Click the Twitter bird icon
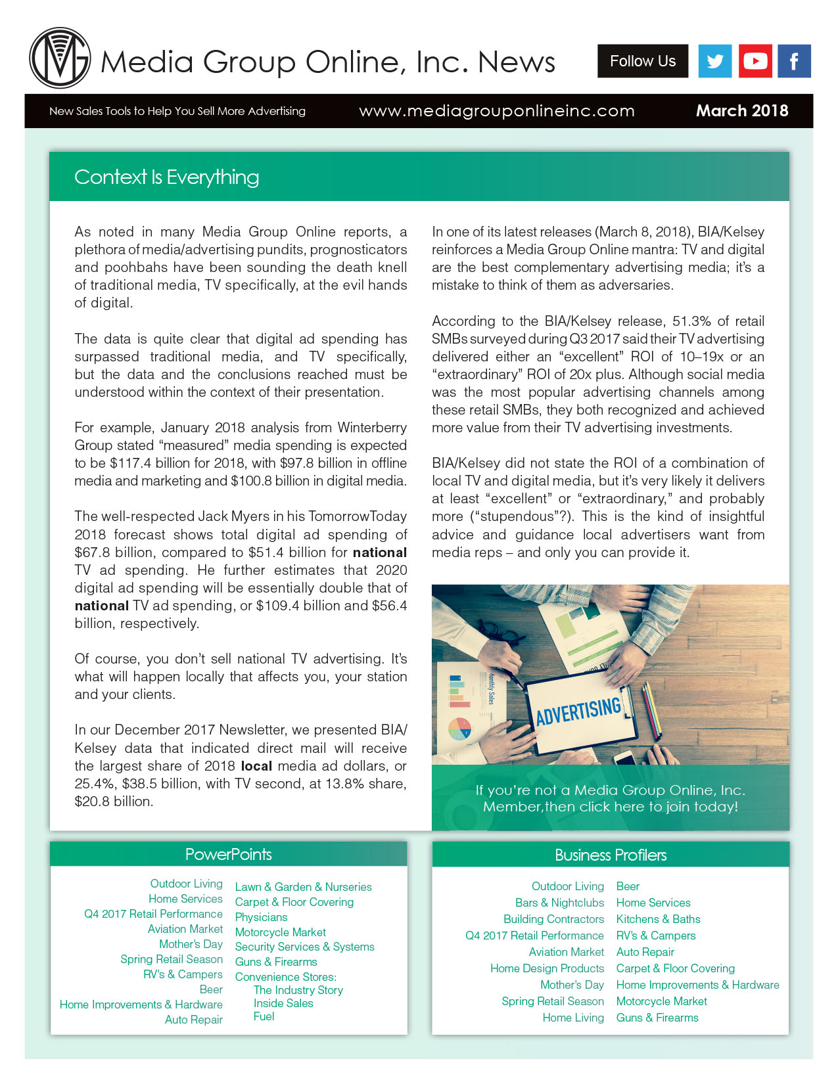[714, 61]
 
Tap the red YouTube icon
[755, 61]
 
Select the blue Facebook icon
[794, 61]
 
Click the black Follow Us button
[642, 61]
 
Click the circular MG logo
[60, 58]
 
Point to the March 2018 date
[741, 110]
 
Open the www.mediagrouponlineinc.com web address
[497, 111]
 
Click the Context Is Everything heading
[166, 177]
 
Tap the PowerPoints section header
[228, 854]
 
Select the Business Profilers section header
[611, 855]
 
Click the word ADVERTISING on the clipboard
[578, 711]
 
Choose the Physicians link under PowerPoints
[261, 917]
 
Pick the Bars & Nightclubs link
[559, 903]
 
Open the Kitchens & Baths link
[658, 919]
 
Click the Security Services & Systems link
[304, 947]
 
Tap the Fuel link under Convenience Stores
[264, 1016]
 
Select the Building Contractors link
[553, 919]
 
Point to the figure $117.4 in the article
[129, 463]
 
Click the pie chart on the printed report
[460, 728]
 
